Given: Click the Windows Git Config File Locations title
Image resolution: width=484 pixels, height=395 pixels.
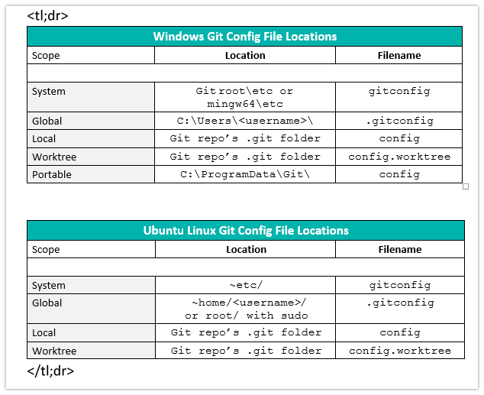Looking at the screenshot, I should (x=245, y=37).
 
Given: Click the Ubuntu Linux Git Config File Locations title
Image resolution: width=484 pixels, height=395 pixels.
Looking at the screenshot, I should (x=245, y=231).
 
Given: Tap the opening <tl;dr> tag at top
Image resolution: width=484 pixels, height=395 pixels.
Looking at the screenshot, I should (x=47, y=15).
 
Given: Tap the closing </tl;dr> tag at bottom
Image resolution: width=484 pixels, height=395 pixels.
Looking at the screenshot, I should (x=50, y=371).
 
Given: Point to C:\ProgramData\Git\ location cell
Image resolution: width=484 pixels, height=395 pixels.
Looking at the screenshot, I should (x=245, y=174).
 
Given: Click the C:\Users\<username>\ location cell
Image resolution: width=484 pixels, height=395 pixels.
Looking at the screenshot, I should (x=245, y=121).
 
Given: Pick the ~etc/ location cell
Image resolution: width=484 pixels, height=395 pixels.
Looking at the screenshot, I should (x=245, y=285).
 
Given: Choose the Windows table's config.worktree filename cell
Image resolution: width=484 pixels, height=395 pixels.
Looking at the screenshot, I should (x=399, y=157).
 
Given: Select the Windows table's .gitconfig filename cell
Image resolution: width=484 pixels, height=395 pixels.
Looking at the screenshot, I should (x=399, y=121).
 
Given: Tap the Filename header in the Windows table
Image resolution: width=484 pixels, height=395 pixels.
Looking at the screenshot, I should (x=399, y=56).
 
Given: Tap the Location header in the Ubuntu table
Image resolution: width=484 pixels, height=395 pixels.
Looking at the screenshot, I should (x=246, y=250).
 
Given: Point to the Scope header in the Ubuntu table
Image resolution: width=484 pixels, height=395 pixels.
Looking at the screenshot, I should (x=46, y=250).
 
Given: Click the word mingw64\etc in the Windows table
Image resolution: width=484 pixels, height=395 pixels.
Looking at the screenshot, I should (x=245, y=104).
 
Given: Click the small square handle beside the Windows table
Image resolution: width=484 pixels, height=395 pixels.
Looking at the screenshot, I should (x=466, y=186).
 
